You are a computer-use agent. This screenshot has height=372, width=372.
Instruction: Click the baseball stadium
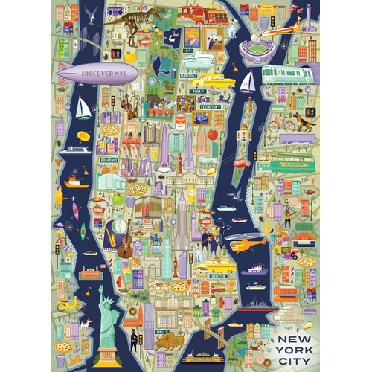[x=260, y=50]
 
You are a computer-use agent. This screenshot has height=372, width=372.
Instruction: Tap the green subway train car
[x=286, y=74]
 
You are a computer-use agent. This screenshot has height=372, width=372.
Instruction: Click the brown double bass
[x=124, y=242]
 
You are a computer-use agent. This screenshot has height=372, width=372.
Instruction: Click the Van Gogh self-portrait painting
[x=193, y=38]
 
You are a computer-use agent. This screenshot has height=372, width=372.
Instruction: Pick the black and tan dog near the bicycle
[x=304, y=121]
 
